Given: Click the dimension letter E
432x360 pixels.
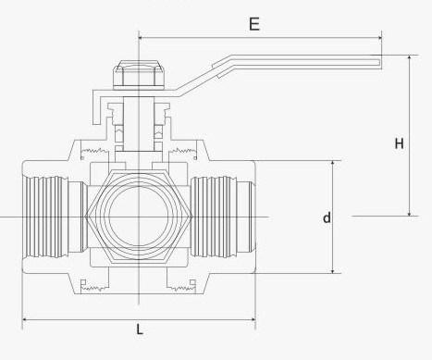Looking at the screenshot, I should click(x=253, y=23).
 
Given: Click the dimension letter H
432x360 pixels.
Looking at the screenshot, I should click(x=400, y=143).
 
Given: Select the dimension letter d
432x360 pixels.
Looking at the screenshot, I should click(x=326, y=217).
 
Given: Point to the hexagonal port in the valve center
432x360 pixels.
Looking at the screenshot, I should click(x=139, y=217).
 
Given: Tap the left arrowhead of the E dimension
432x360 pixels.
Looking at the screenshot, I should click(x=142, y=38).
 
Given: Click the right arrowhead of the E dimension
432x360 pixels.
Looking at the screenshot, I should click(x=377, y=38).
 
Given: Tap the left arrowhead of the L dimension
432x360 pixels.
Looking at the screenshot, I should click(x=25, y=320).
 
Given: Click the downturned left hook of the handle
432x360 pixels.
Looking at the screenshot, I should click(x=94, y=115).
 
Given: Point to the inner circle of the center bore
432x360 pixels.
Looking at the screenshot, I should click(x=139, y=217).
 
